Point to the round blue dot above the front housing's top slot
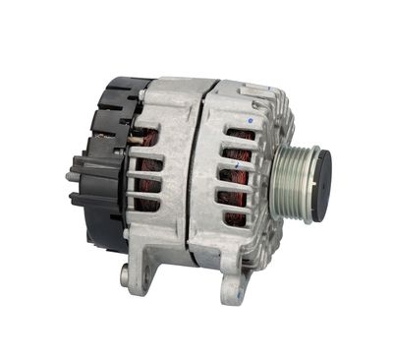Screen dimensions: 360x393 [252, 120]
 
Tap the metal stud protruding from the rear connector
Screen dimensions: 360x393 [71, 177]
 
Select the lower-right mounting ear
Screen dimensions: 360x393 [233, 286]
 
